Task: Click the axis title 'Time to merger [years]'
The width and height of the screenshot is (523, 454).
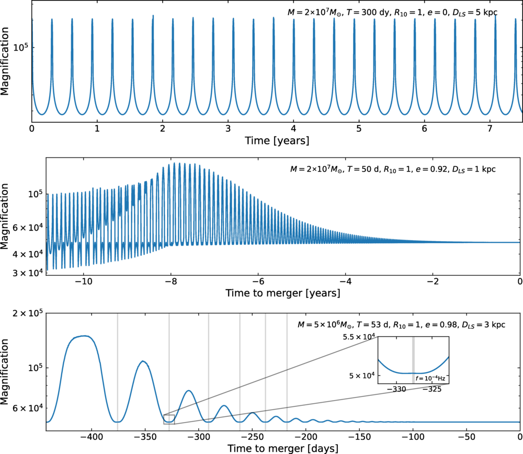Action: click(282, 293)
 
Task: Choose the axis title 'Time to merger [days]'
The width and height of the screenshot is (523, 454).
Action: click(282, 448)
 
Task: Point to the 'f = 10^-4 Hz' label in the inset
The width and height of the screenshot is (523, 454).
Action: click(430, 377)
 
